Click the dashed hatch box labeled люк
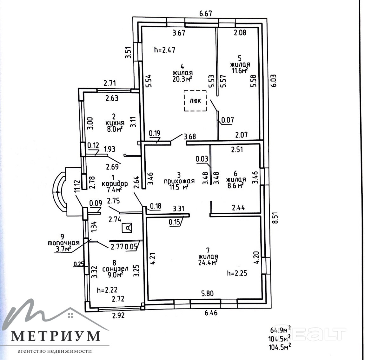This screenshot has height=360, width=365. tap(195, 101)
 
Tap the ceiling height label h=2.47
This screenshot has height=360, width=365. tap(164, 50)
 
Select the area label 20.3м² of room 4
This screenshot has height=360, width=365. tap(182, 79)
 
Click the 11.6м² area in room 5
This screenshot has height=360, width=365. tap(240, 70)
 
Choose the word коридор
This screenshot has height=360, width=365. tap(115, 183)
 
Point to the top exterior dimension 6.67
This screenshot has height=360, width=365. tap(205, 14)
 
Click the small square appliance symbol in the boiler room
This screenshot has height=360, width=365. tap(127, 228)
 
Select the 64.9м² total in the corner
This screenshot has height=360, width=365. tap(281, 330)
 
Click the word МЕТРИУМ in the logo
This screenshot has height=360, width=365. tap(56, 336)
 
